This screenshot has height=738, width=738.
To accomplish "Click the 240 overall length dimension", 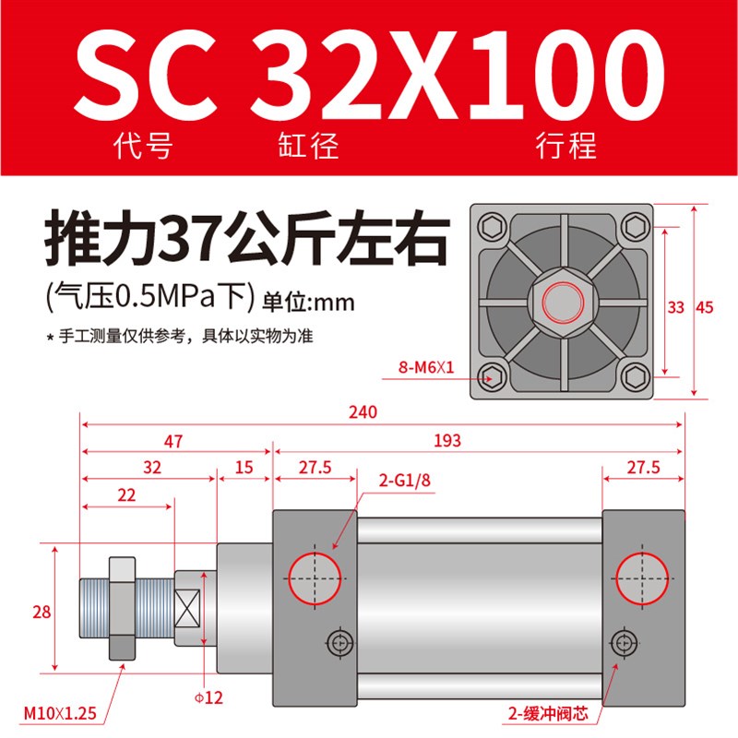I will (x=363, y=412).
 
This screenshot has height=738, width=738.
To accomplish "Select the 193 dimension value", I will (x=447, y=442).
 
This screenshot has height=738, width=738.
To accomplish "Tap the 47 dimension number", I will (x=173, y=442).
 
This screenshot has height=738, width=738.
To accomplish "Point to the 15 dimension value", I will (x=244, y=468).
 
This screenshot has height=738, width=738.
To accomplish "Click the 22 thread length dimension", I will (x=127, y=494).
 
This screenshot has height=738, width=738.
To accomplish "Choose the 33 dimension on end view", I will (x=676, y=308).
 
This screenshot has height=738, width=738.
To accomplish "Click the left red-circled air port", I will (x=314, y=577).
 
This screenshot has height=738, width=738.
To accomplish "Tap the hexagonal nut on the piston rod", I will (x=122, y=610).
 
